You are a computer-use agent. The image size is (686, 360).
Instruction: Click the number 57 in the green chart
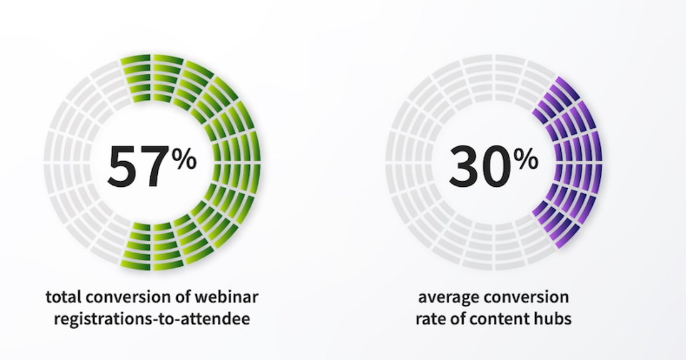(141, 166)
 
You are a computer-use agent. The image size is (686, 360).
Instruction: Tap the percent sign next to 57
(185, 161)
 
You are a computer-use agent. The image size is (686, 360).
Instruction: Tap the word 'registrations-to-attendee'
(152, 319)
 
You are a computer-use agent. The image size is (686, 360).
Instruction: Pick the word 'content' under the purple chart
(499, 319)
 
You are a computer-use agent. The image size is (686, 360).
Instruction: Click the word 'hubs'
(553, 319)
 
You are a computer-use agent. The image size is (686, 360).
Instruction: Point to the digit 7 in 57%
(157, 166)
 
